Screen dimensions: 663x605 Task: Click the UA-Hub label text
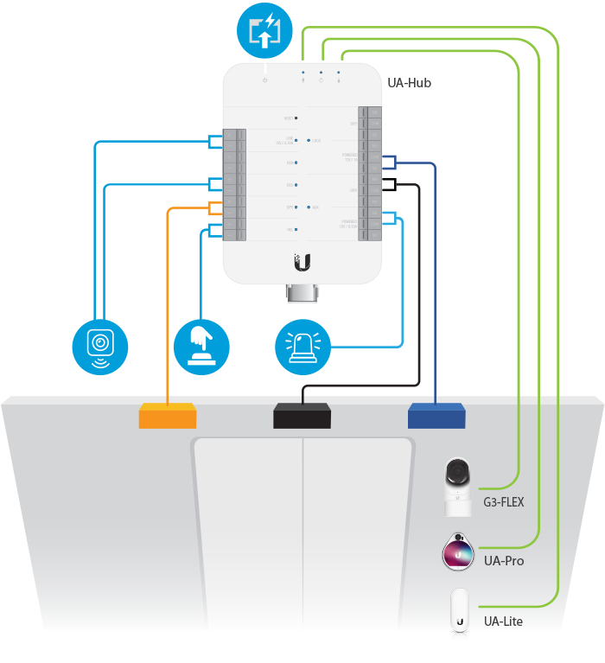(x=410, y=83)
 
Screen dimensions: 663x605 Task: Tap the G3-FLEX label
(x=504, y=501)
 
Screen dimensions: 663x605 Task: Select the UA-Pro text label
(x=504, y=561)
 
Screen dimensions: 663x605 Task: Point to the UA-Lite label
(x=503, y=622)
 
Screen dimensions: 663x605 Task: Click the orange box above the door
(x=168, y=416)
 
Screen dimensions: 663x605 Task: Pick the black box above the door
(x=302, y=416)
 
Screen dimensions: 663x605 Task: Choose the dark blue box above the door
(x=436, y=416)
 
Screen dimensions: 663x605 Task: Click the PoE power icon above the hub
(x=264, y=29)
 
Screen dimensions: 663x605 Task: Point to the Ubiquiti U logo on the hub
(x=302, y=260)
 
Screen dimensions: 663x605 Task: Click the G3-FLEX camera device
(x=457, y=485)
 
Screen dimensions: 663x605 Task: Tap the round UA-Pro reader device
(x=458, y=553)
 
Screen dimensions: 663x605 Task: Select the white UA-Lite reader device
(x=459, y=613)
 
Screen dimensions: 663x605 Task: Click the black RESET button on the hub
(x=296, y=117)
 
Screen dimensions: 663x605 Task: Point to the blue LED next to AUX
(x=309, y=207)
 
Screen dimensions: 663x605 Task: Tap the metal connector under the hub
(x=302, y=295)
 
